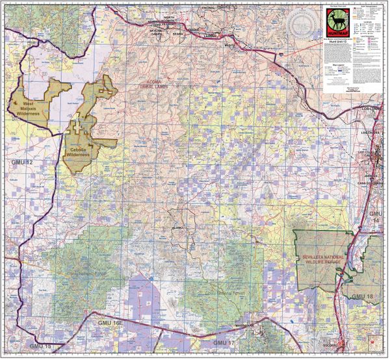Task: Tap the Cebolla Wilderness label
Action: pos(82,153)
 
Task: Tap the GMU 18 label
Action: pos(363,296)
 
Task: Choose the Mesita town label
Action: pos(228,46)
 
